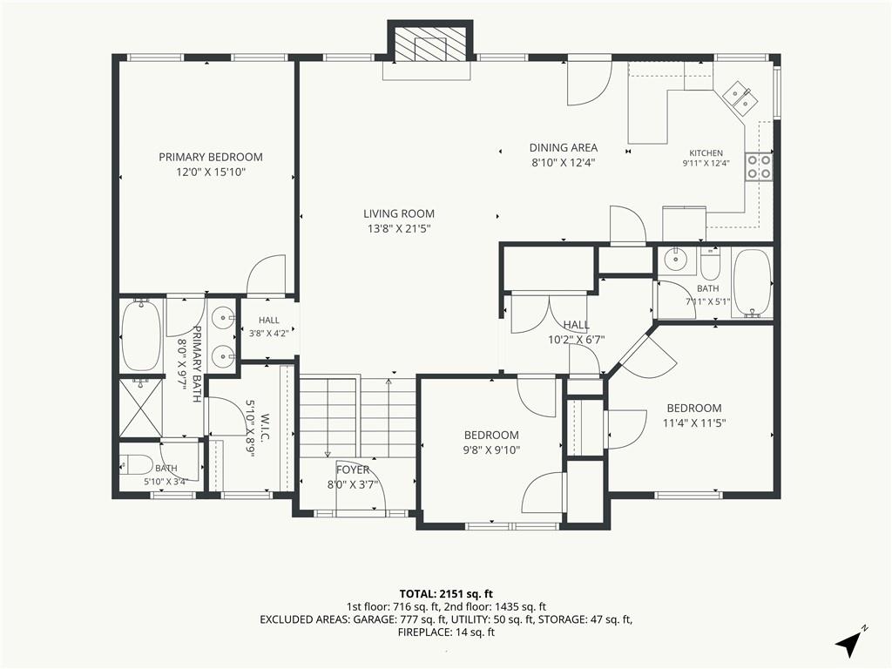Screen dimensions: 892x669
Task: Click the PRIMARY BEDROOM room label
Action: point(211,157)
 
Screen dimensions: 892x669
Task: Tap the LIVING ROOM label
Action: point(399,214)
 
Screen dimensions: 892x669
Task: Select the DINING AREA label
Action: point(564,148)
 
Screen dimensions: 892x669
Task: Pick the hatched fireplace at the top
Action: point(430,44)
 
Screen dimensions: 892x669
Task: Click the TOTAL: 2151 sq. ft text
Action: point(445,594)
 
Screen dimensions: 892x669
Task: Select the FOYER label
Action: point(353,470)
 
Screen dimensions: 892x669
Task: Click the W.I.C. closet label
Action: point(266,427)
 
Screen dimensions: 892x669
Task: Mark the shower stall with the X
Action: point(141,409)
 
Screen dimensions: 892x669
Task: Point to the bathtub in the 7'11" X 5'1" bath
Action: point(752,283)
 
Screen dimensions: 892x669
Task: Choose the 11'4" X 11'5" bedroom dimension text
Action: point(694,423)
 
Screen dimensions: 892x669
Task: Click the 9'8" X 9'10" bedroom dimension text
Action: point(491,450)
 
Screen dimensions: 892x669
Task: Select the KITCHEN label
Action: point(706,153)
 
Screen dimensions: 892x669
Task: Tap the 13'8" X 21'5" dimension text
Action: point(399,229)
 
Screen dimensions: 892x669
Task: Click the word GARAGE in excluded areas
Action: point(374,619)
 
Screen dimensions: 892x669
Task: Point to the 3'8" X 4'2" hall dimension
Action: point(268,334)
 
